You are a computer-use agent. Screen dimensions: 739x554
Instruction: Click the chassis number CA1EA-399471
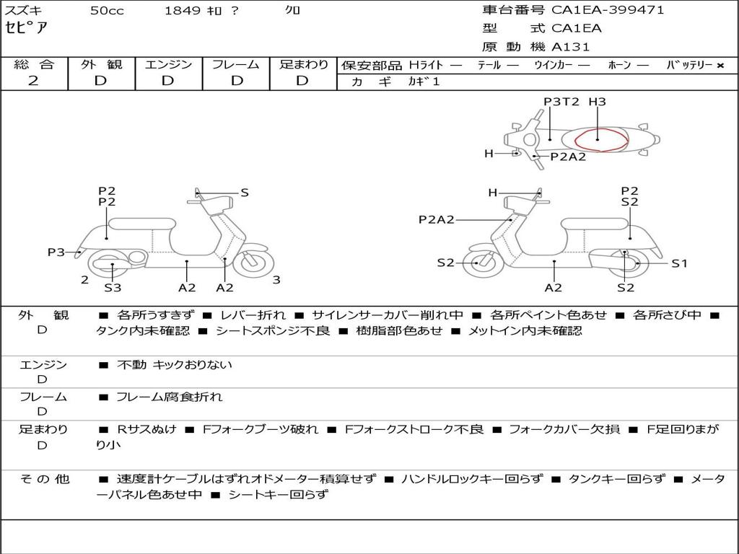[608, 10]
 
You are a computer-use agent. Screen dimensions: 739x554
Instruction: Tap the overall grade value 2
[33, 81]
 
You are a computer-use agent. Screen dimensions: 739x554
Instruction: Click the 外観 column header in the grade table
[101, 64]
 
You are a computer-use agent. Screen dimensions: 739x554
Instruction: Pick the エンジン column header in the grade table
[168, 64]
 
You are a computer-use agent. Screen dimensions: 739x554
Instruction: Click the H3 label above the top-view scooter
[597, 102]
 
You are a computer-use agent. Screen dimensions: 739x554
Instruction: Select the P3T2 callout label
[561, 102]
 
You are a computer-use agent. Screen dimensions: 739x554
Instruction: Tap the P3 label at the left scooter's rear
[56, 252]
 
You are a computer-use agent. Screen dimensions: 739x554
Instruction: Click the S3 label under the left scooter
[113, 287]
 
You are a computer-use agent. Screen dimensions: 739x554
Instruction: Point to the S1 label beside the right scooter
[680, 264]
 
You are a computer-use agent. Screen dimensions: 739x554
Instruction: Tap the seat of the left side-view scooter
[142, 224]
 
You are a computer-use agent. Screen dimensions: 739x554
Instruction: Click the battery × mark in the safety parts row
[720, 66]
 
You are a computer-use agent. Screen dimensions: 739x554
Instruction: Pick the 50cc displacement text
[107, 11]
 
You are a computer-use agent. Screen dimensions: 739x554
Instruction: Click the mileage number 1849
[183, 10]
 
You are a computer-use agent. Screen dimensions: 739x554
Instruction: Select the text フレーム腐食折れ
[169, 397]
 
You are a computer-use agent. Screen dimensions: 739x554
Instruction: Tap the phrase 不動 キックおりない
[175, 364]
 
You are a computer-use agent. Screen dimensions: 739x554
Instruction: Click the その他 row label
[45, 479]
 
